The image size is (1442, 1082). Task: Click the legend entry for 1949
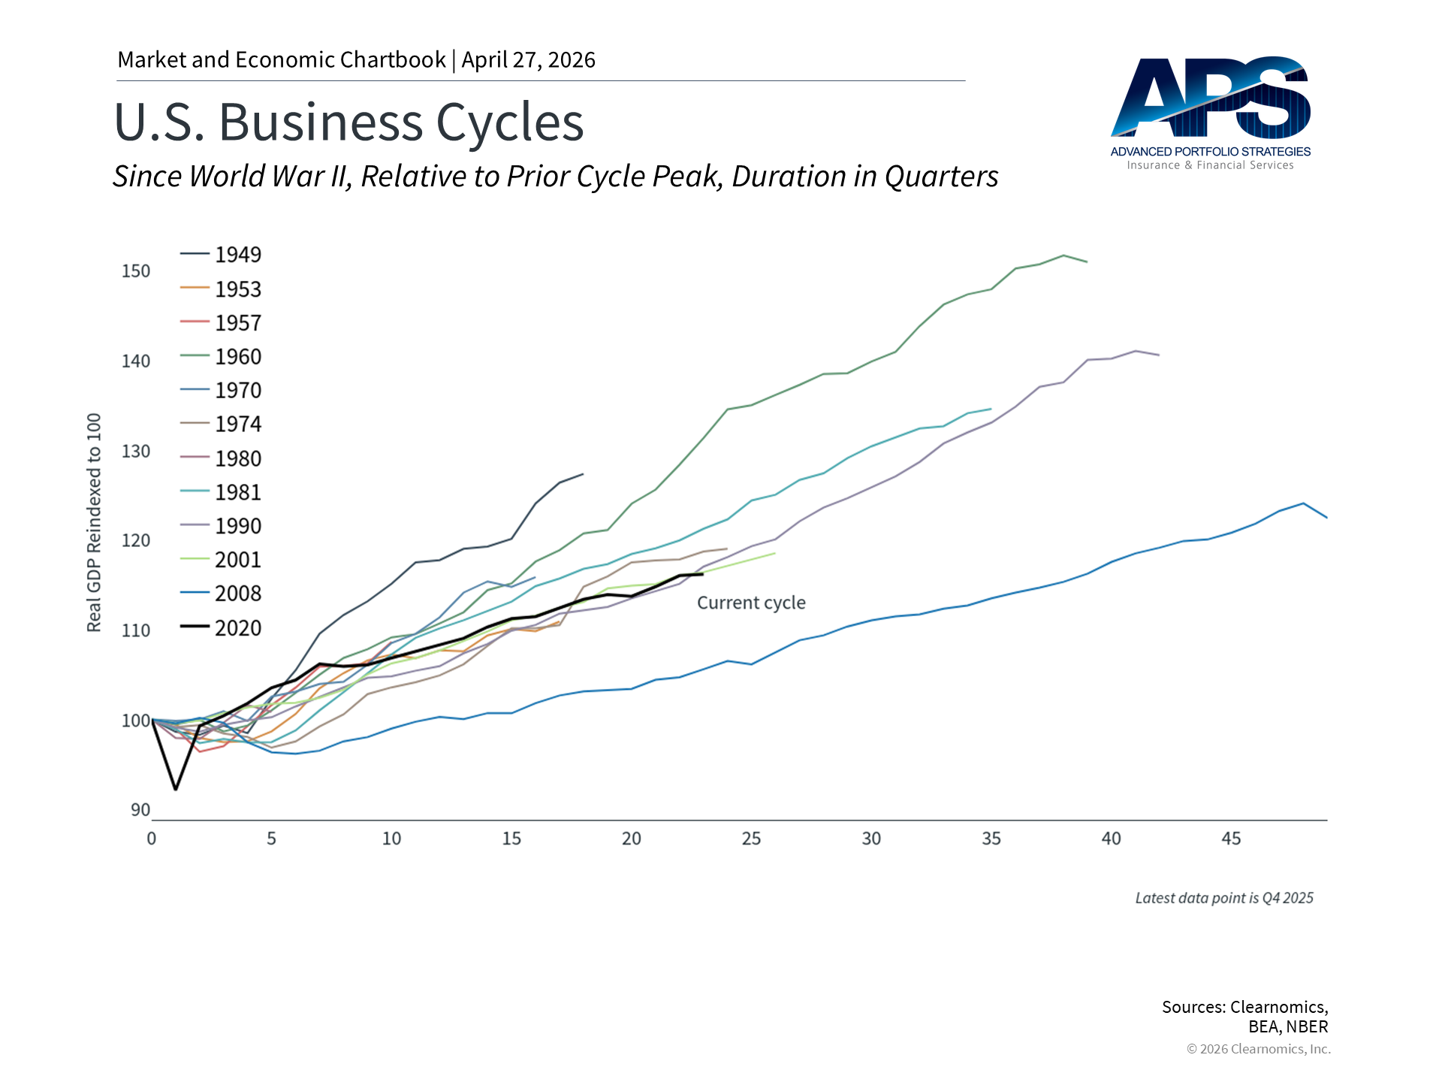pos(237,255)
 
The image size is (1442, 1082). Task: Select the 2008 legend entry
pos(237,594)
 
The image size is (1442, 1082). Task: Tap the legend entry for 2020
pos(237,628)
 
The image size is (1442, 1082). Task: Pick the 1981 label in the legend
pos(237,492)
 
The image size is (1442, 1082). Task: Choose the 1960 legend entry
pos(237,357)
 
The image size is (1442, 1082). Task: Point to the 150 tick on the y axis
pos(136,271)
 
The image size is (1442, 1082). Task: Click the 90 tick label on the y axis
pos(140,810)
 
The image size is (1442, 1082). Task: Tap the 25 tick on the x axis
pos(751,839)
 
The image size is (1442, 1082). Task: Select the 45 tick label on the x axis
pos(1231,839)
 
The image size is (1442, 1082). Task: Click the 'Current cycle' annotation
pos(751,603)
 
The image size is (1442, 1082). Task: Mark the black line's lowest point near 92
pos(176,789)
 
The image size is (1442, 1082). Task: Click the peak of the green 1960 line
pos(1063,255)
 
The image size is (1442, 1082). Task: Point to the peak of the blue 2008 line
pos(1303,503)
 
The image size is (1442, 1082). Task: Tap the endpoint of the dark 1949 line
pos(583,474)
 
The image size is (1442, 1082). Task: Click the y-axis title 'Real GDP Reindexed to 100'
pos(94,522)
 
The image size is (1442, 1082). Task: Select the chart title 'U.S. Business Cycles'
pos(348,122)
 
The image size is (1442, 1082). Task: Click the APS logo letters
pos(1210,98)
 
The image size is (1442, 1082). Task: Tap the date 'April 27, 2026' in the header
pos(528,60)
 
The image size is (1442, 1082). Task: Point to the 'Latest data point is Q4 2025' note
pos(1224,898)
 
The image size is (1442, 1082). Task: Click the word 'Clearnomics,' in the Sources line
pos(1279,1007)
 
